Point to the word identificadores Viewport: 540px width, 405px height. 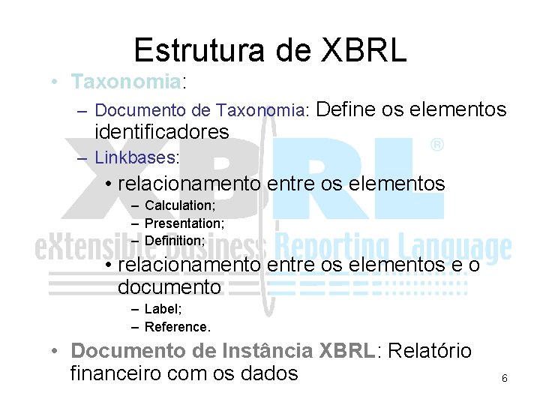pyautogui.click(x=162, y=132)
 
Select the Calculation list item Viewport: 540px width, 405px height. pyautogui.click(x=180, y=205)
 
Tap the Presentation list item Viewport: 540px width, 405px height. pyautogui.click(x=184, y=223)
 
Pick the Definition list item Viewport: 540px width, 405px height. pyautogui.click(x=175, y=241)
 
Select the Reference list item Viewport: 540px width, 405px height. pyautogui.click(x=178, y=327)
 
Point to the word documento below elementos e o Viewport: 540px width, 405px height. pyautogui.click(x=169, y=287)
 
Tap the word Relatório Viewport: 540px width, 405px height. pyautogui.click(x=431, y=350)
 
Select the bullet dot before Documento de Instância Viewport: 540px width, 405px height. pyautogui.click(x=55, y=351)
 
